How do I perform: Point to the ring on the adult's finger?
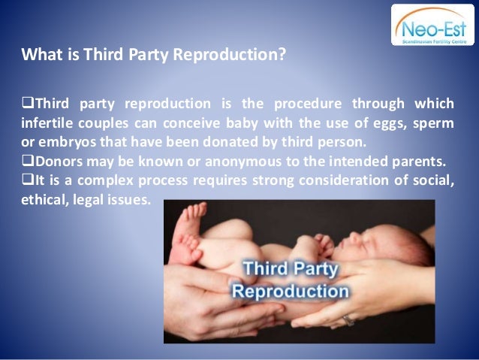(x=348, y=320)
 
